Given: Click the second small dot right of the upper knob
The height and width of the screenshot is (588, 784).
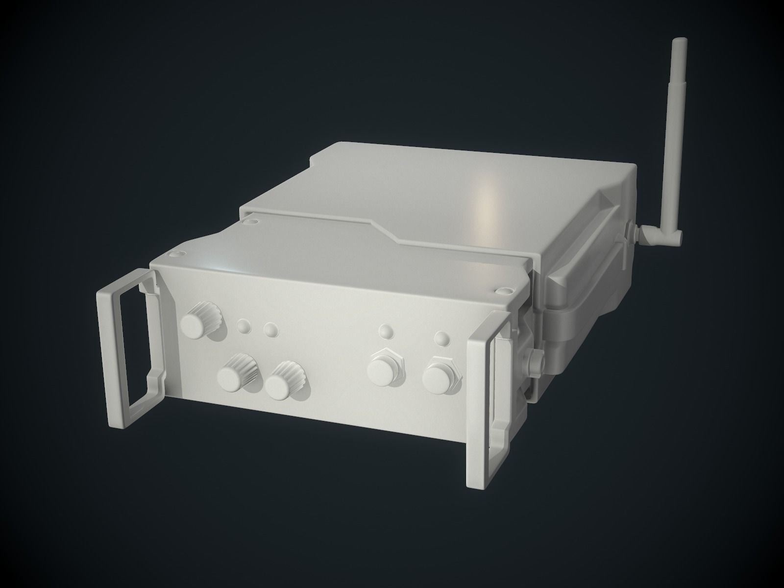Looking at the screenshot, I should (x=269, y=329).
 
